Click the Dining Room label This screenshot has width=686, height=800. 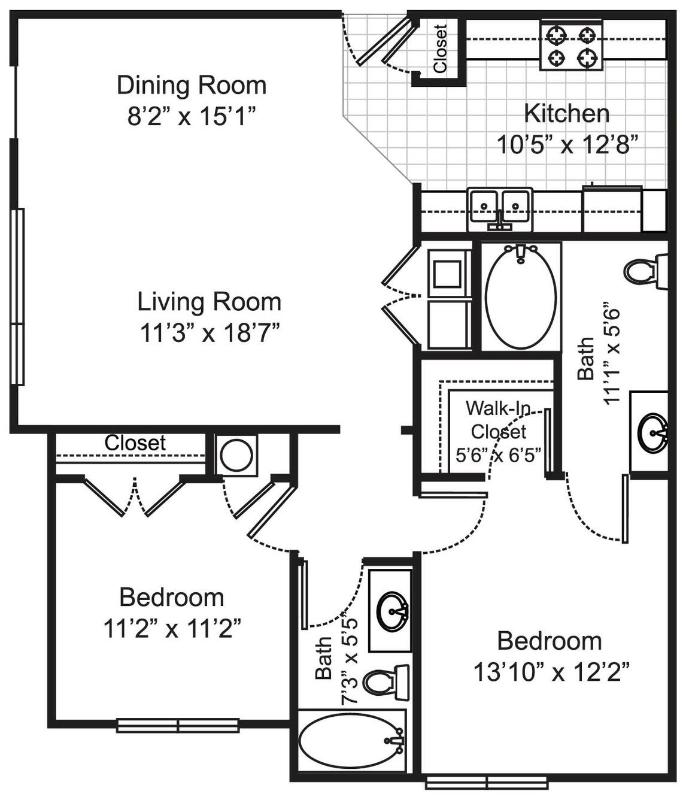192,86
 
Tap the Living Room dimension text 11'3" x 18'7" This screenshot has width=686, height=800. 210,333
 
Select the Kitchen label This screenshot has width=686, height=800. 566,114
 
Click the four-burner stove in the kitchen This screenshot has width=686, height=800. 571,46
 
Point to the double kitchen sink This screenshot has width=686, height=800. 499,210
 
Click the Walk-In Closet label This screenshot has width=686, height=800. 499,420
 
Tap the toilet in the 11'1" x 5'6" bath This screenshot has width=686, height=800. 646,272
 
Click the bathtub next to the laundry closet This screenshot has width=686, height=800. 520,296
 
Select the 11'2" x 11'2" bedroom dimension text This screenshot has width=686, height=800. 172,629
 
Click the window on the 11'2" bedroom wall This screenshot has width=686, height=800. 178,725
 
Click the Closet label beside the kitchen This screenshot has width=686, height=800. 441,49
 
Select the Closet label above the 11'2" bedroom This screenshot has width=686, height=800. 135,443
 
